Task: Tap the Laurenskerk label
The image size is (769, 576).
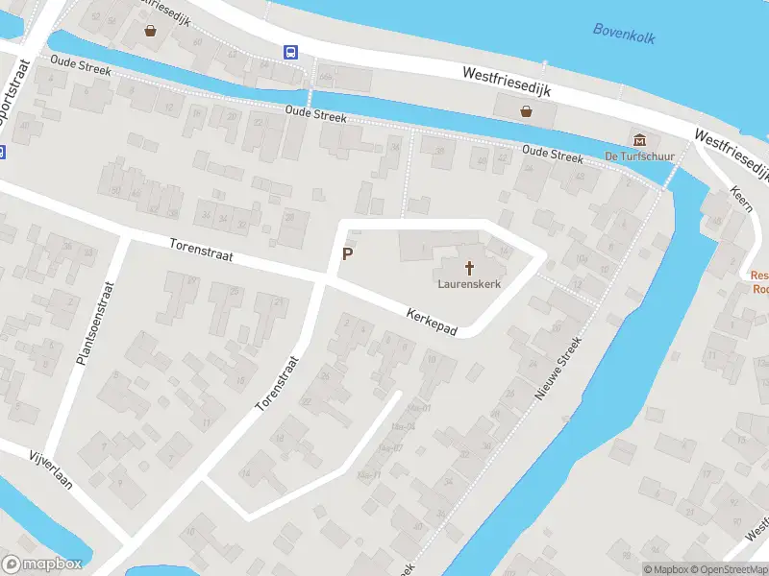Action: [470, 284]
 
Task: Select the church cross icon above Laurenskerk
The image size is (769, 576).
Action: [470, 267]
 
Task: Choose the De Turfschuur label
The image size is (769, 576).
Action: [638, 156]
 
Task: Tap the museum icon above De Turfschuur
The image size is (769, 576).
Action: [638, 139]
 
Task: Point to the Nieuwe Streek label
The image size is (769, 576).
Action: [558, 370]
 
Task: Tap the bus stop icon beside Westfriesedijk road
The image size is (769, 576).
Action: [289, 52]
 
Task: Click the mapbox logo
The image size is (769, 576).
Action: [41, 564]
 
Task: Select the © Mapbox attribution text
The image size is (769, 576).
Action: [667, 569]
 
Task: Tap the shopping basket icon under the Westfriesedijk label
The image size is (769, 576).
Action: [527, 110]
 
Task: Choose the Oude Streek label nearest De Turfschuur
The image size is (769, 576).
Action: [552, 155]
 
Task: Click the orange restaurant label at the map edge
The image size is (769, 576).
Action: [759, 282]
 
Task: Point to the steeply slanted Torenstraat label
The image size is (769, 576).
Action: [278, 385]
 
